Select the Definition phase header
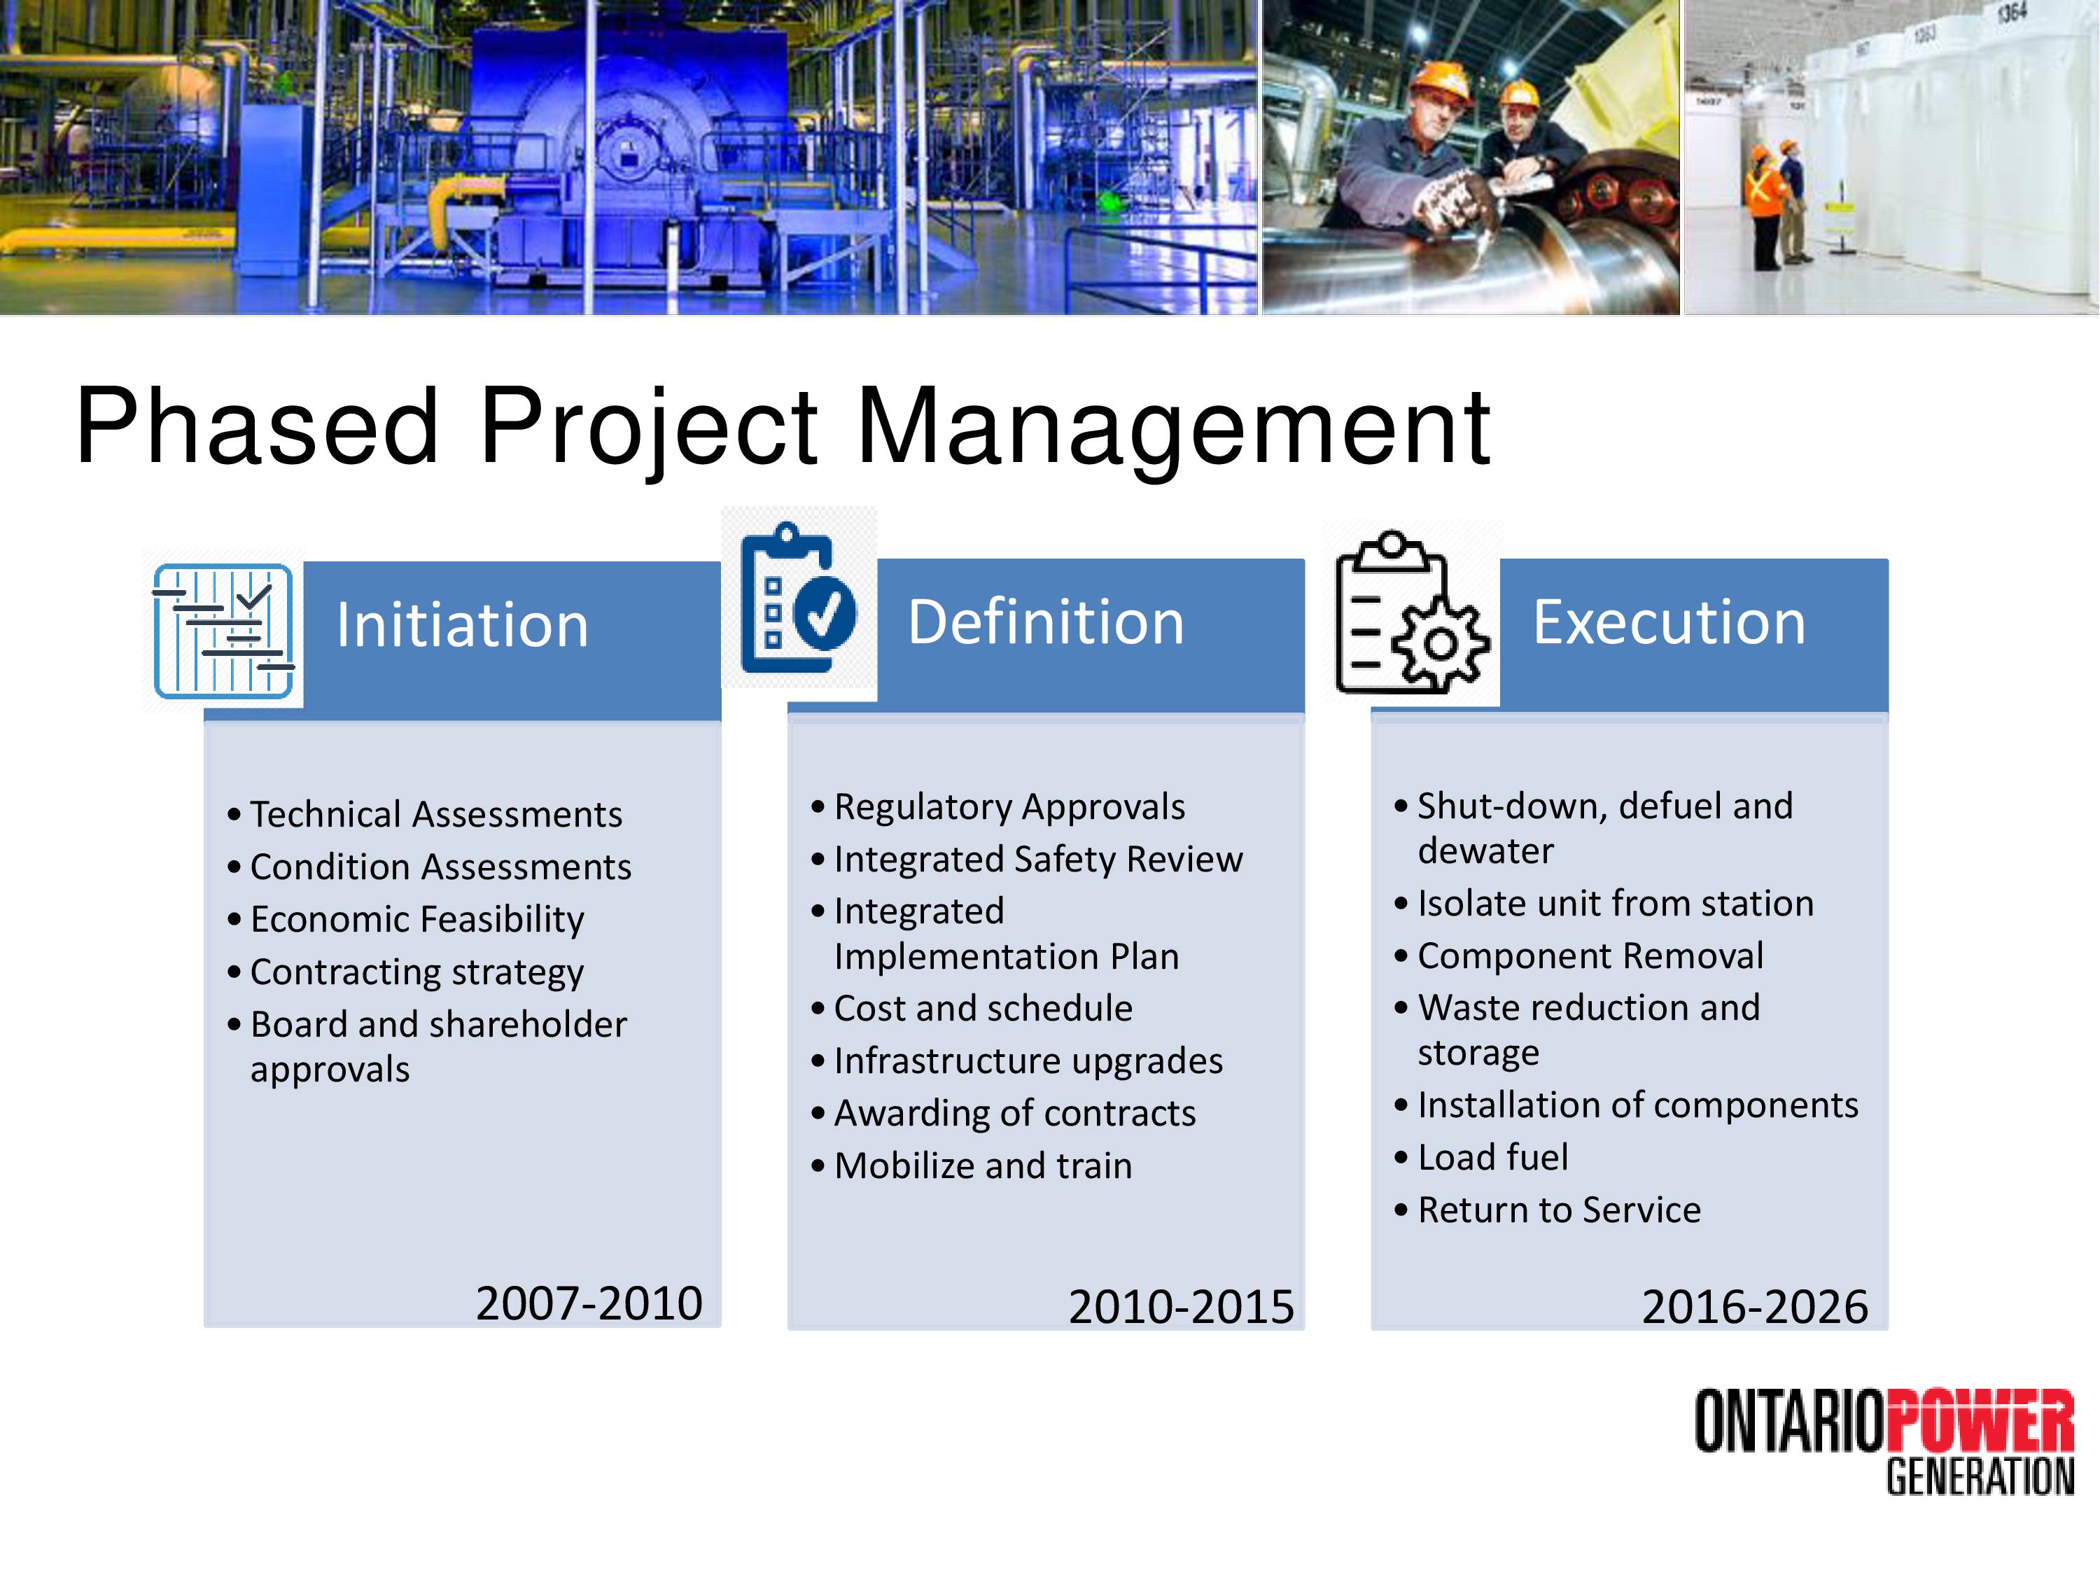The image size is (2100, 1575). [1046, 623]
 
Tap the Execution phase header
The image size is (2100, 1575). [1669, 623]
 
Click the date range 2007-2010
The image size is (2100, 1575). [589, 1303]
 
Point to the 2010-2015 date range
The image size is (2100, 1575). [1181, 1308]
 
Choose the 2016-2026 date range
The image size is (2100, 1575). [1754, 1308]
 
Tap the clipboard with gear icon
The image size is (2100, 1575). [1412, 613]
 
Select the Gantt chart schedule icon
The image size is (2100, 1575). [224, 631]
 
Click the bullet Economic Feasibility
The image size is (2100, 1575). [416, 920]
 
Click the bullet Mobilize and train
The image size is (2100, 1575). [983, 1165]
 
